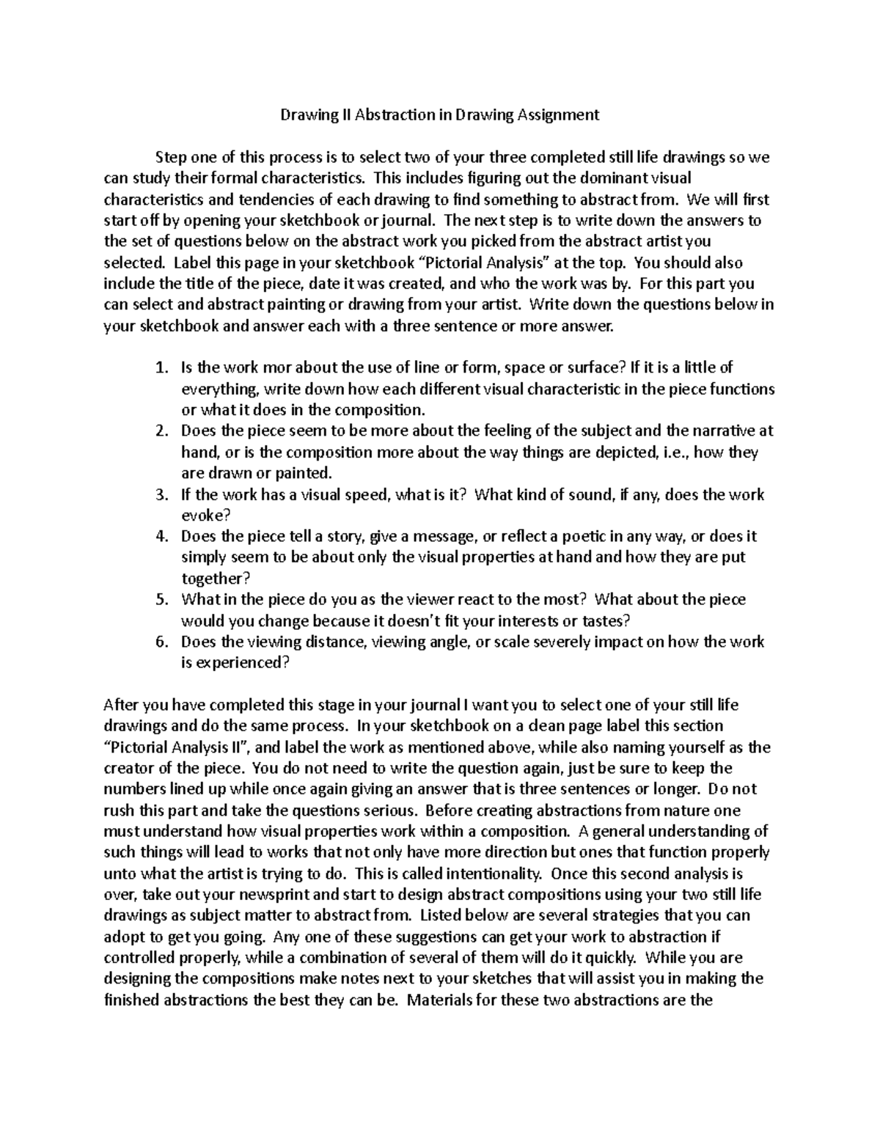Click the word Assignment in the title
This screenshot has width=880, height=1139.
[x=559, y=114]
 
